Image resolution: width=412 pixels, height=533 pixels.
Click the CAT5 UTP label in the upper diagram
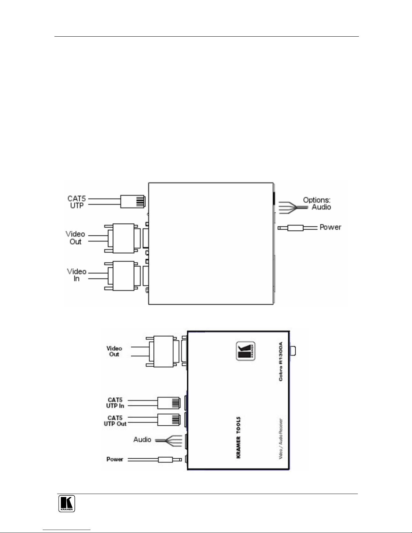pos(77,202)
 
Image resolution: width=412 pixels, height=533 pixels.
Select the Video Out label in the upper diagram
pos(75,238)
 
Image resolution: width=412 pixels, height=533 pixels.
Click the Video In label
pos(77,275)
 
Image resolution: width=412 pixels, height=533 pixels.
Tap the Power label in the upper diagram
pos(330,227)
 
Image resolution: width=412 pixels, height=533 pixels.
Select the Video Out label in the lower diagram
pos(114,351)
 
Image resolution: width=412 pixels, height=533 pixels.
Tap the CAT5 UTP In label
pos(115,403)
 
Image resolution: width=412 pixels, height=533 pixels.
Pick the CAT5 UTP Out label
pos(115,421)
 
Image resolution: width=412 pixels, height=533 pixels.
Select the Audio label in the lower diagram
pos(142,440)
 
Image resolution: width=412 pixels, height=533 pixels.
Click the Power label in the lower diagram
pos(115,459)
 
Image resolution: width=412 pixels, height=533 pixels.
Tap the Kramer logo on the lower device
pos(246,351)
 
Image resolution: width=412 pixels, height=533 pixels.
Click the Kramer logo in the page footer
pos(67,503)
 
